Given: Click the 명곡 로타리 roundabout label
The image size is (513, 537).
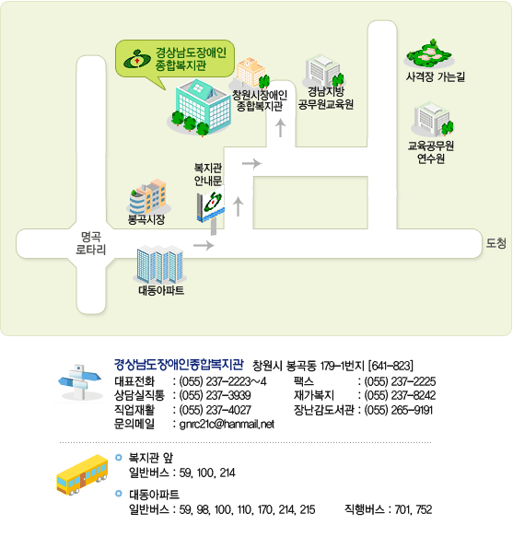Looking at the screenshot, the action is coord(91,243).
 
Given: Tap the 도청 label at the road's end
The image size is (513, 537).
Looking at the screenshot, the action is coord(496,243).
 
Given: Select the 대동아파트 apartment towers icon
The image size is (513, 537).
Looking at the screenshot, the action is coord(159,263).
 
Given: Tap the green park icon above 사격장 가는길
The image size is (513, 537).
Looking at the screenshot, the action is coord(429,54).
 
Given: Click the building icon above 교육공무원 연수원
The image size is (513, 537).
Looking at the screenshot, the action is coord(433,119).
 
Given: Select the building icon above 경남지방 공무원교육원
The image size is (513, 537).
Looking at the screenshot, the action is coord(324,71).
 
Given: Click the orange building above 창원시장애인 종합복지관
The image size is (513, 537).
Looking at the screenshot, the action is coord(250,73).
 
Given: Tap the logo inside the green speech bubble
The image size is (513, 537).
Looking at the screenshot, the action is coord(137,59).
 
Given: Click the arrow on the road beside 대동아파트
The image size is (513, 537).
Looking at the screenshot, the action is coord(204,245).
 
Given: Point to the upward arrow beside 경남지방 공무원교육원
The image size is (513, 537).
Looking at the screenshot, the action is coord(281,128).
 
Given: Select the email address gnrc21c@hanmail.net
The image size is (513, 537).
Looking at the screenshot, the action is coord(227,424).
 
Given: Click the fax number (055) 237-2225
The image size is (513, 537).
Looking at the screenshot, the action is coord(400,381).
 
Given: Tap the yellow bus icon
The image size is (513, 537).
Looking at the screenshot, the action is coord(82,474).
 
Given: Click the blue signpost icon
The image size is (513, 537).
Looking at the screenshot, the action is coord(80,382).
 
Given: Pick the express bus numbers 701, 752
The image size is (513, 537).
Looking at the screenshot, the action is coord(413,509).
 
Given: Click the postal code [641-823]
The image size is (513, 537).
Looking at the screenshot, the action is coord(391,366).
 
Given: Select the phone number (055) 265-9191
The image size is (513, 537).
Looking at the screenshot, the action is coord(399,410).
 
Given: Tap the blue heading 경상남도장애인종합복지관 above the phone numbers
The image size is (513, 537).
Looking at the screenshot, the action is coord(179,365).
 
